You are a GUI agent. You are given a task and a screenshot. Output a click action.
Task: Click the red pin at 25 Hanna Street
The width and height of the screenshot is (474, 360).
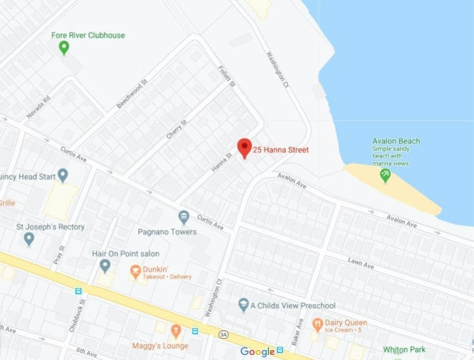pyautogui.click(x=244, y=147)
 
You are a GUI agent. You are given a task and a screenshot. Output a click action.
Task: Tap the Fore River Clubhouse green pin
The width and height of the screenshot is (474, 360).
pyautogui.click(x=63, y=47)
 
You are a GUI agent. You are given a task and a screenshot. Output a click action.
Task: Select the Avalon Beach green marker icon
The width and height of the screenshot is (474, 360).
pyautogui.click(x=385, y=176)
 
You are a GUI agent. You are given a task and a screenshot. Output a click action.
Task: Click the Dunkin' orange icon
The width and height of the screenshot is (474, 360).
pyautogui.click(x=134, y=271)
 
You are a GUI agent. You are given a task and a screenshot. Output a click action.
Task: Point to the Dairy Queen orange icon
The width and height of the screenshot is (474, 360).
pyautogui.click(x=316, y=324)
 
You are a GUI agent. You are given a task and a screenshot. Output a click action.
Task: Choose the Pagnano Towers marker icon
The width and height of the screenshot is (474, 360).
pyautogui.click(x=184, y=217)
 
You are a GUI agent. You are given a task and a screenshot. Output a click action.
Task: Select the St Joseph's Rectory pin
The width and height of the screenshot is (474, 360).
pyautogui.click(x=29, y=238)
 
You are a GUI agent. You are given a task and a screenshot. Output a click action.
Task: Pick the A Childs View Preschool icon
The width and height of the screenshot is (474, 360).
pyautogui.click(x=244, y=305)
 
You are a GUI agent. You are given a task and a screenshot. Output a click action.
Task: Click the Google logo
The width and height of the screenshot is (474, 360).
pyautogui.click(x=258, y=352)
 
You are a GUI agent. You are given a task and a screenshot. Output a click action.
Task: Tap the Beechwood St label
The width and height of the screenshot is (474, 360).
pyautogui.click(x=131, y=94)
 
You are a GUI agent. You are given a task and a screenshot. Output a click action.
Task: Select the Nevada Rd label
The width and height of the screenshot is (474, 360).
pyautogui.click(x=38, y=108)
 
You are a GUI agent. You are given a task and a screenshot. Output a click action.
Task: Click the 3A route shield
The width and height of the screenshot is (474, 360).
pyautogui.click(x=224, y=335)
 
